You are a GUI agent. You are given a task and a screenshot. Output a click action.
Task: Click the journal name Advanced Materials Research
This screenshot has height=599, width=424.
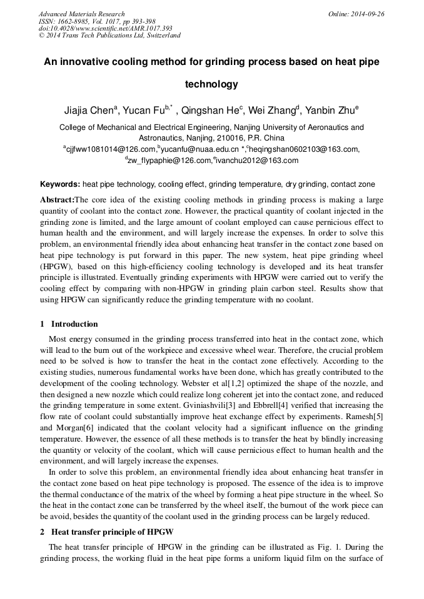[82, 14]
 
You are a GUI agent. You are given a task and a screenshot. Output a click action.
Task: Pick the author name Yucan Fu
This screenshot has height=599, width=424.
[146, 112]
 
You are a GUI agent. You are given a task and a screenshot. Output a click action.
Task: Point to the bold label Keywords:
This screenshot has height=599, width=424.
[60, 184]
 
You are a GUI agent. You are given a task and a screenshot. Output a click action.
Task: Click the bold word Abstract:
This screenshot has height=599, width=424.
[57, 200]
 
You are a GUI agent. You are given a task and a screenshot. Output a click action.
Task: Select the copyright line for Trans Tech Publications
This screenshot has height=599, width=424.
[109, 36]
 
